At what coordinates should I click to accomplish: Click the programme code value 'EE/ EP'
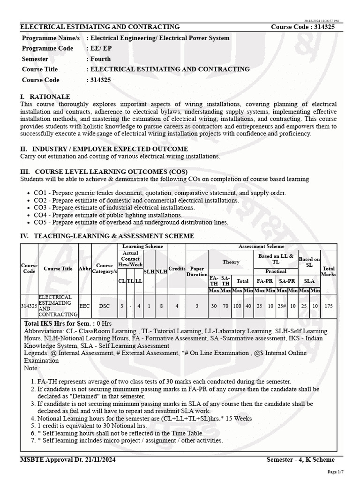pos(100,48)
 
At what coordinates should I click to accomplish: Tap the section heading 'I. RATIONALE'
pos(45,96)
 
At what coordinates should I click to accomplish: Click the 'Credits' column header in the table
pos(177,268)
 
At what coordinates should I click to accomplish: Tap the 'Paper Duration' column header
pos(197,271)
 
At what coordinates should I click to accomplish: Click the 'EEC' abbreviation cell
pos(85,306)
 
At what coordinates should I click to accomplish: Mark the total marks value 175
pos(329,306)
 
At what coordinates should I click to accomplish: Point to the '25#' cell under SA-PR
pos(281,306)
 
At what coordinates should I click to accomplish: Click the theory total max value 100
pos(237,306)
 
